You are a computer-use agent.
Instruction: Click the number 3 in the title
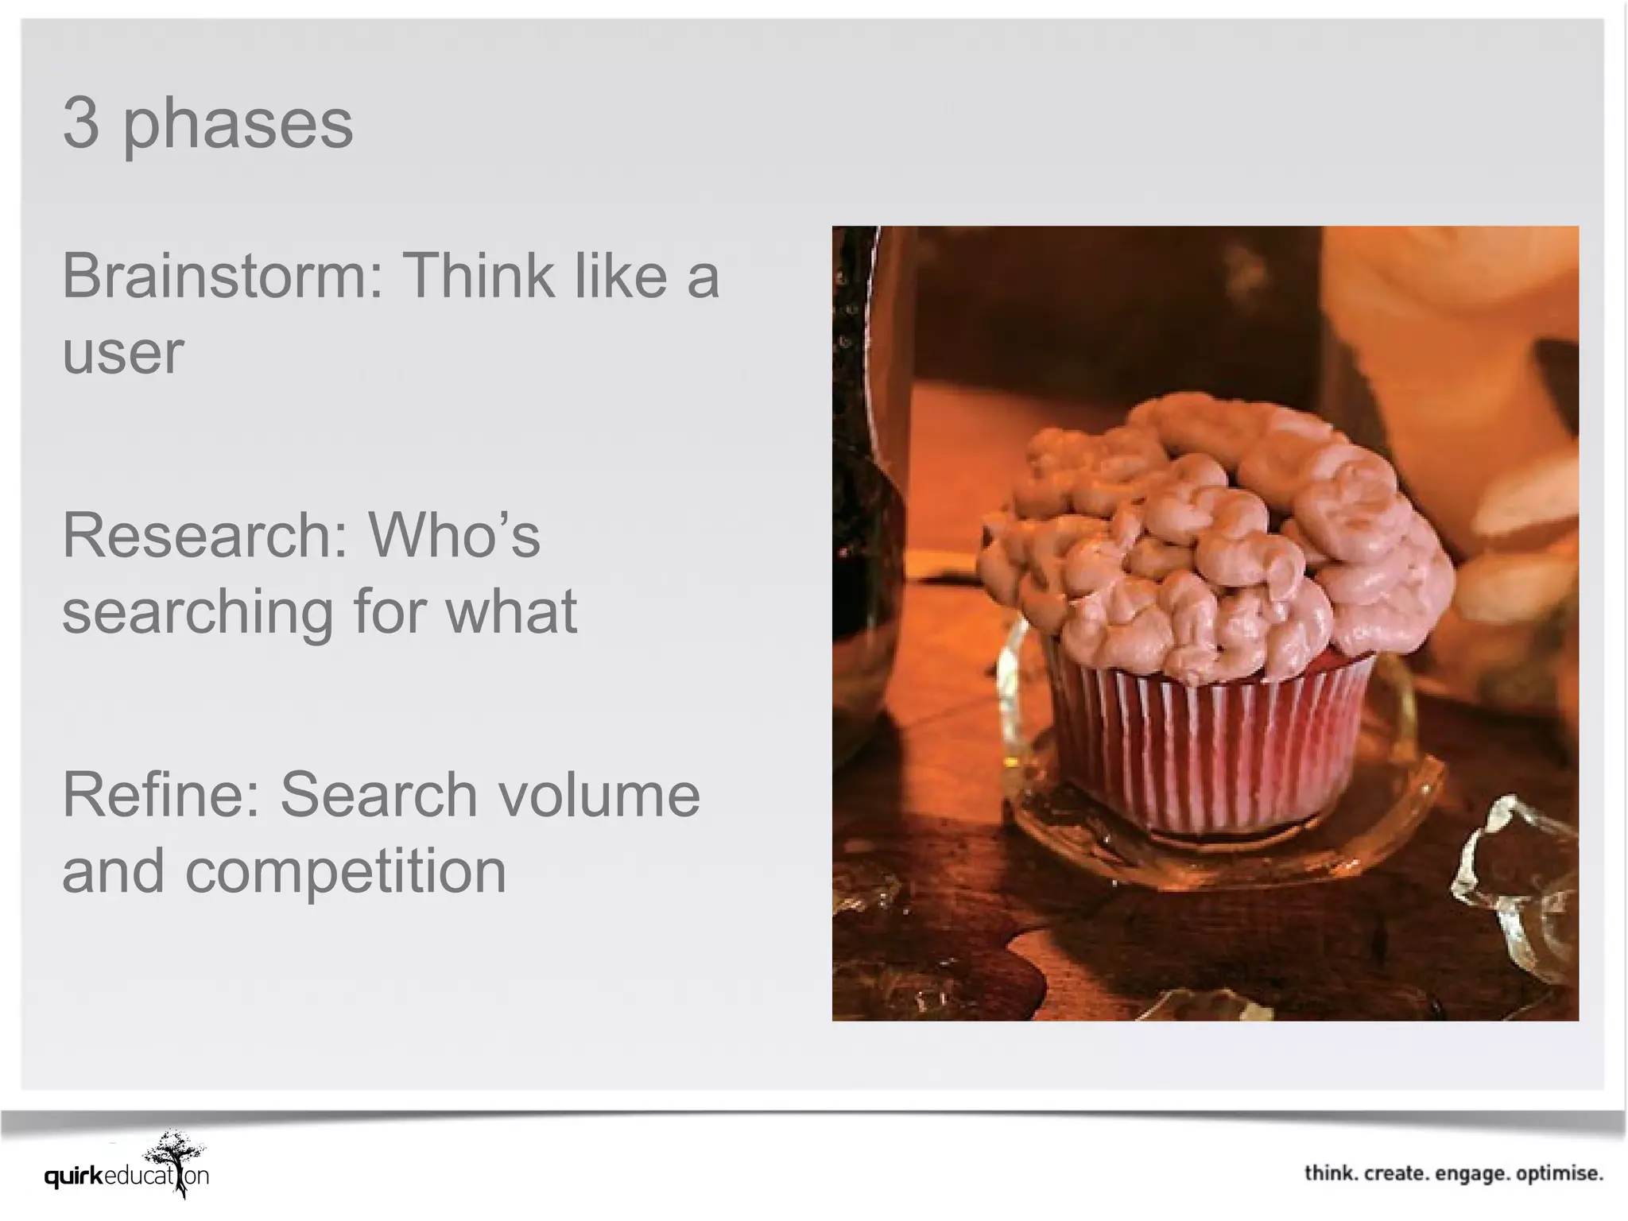(x=81, y=123)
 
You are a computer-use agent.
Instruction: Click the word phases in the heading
(x=237, y=126)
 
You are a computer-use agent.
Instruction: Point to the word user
(x=122, y=353)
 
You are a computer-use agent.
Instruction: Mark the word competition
(x=346, y=871)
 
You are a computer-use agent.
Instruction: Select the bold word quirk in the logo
(x=74, y=1176)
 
